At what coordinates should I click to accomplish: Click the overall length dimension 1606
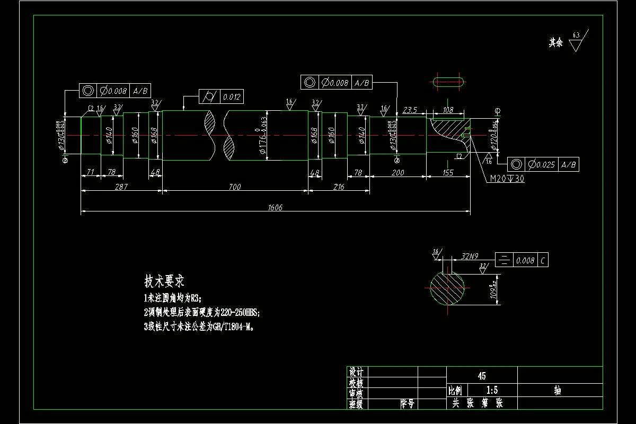[x=276, y=208]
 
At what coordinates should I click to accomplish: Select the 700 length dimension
[x=234, y=187]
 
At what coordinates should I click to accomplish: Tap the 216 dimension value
[x=338, y=187]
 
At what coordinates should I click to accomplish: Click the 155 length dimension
[x=448, y=173]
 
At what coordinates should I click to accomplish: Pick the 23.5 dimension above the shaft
[x=411, y=110]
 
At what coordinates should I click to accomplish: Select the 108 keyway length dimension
[x=448, y=110]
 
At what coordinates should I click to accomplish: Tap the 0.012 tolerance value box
[x=232, y=97]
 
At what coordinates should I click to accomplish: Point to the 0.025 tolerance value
[x=542, y=164]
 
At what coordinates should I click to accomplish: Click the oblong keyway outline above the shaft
[x=449, y=82]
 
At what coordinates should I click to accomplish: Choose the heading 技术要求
[x=164, y=280]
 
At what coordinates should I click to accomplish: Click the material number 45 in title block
[x=481, y=376]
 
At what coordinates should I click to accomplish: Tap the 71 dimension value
[x=90, y=173]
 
